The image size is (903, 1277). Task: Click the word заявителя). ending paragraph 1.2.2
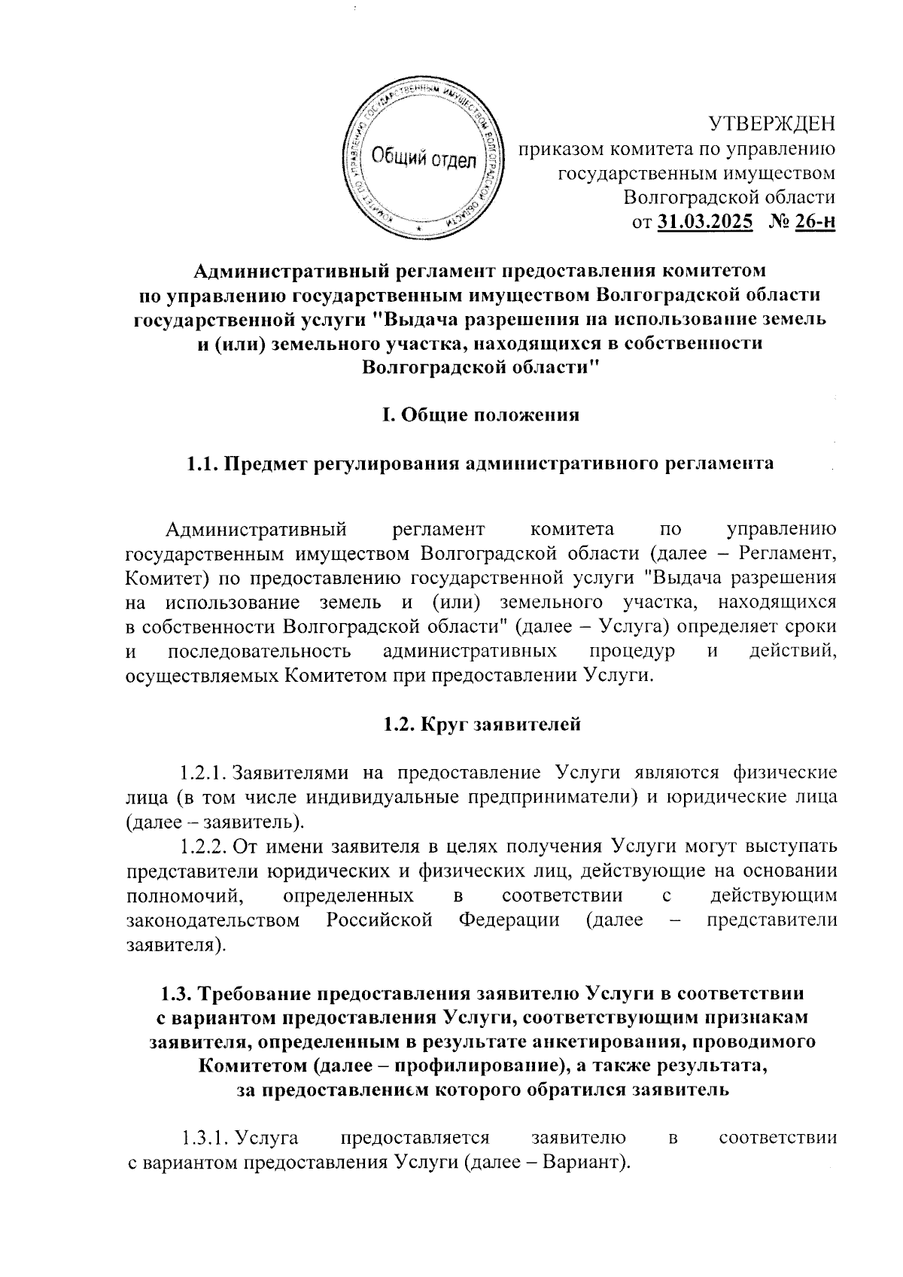tap(175, 944)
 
